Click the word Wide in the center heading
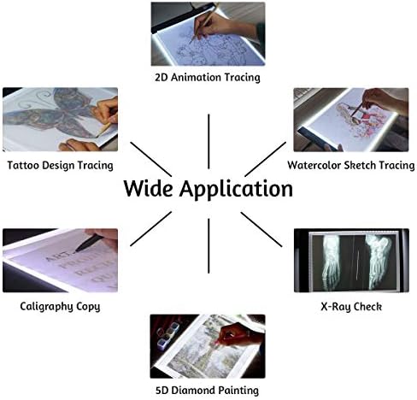tap(148, 188)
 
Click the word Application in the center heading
tap(236, 190)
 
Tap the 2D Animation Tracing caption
tap(208, 78)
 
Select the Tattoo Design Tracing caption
tap(60, 166)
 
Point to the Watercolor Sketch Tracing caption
tap(351, 166)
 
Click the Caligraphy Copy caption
tap(60, 307)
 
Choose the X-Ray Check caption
tap(351, 307)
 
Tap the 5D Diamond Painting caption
tap(208, 391)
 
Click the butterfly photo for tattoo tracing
tap(60, 120)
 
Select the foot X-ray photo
tap(351, 260)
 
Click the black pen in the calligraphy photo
tap(89, 243)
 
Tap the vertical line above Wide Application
tap(208, 142)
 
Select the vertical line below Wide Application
tap(208, 246)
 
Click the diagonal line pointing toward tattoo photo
tap(151, 159)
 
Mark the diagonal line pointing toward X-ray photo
tap(261, 229)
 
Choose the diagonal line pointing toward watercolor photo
tap(266, 159)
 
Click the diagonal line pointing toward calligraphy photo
tap(151, 228)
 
